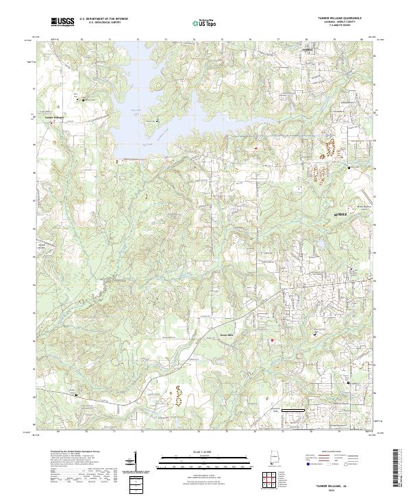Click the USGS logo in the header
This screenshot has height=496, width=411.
(62, 23)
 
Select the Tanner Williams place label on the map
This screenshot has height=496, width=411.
(53, 117)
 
